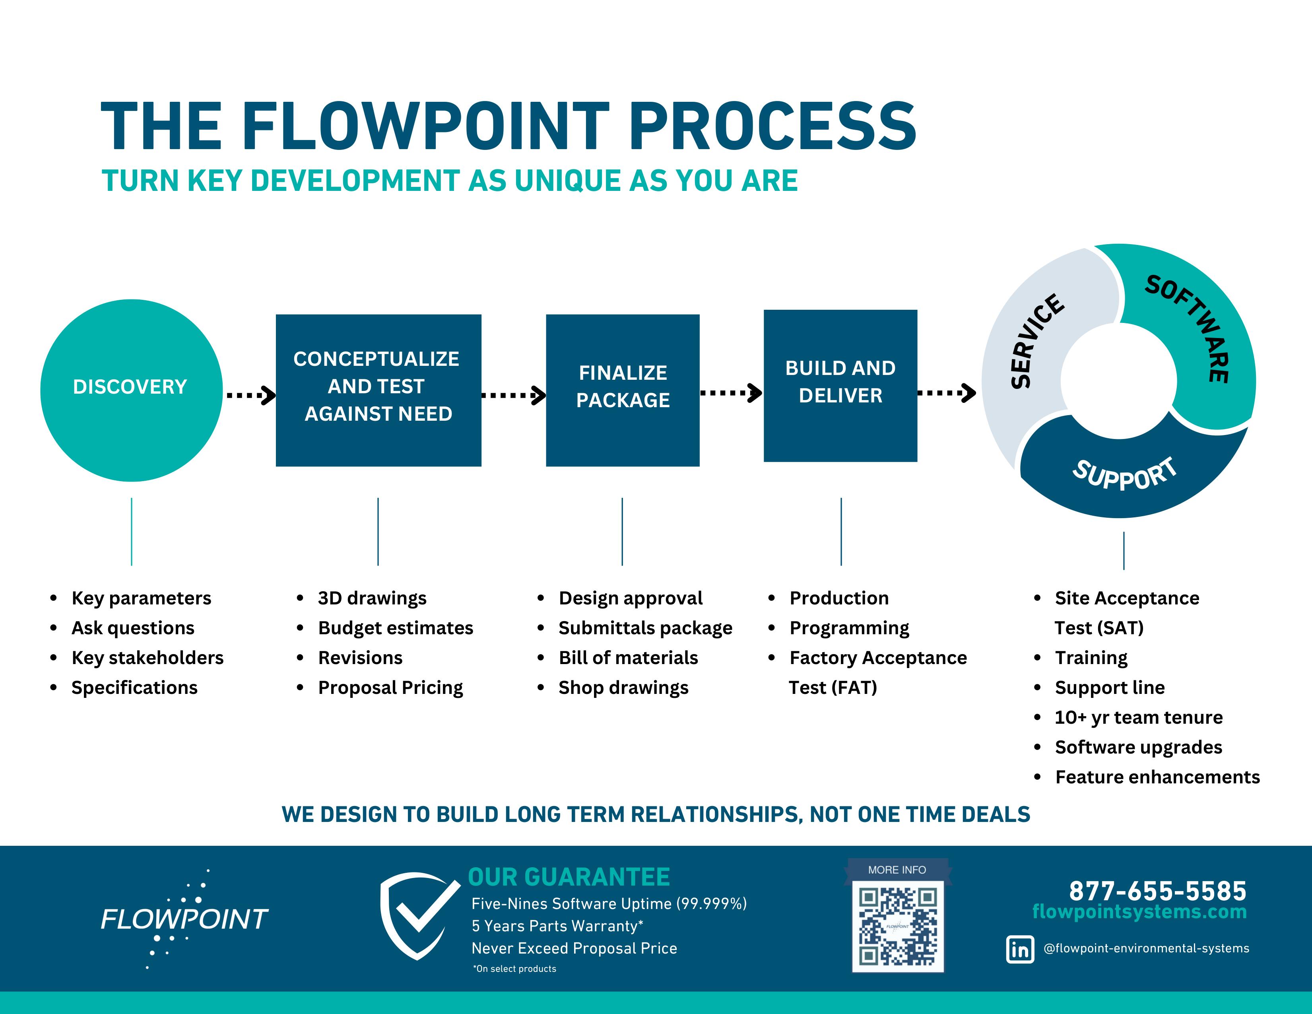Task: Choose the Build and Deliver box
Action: pos(840,386)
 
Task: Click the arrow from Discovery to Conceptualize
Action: pos(250,395)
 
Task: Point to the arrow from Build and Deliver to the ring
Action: pos(946,393)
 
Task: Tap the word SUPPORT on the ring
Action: pos(1124,474)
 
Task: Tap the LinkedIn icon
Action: pos(1019,949)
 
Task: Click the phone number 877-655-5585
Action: pos(1157,891)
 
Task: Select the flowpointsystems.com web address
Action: pos(1139,912)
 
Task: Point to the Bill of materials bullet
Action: pos(628,658)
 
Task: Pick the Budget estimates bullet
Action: pos(395,628)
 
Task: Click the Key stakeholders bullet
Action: pos(147,658)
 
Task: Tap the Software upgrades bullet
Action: pos(1138,747)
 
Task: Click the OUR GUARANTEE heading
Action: pos(568,877)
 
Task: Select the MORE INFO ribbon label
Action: pos(897,870)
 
